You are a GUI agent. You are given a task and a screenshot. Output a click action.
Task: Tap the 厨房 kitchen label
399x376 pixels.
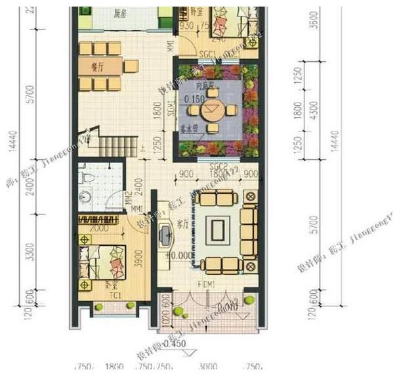point(119,13)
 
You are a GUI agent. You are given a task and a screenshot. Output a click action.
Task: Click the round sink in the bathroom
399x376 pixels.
point(85,195)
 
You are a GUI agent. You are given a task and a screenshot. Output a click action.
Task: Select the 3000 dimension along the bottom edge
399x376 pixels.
point(208,367)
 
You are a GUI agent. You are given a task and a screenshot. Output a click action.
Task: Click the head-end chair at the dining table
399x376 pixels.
point(131,66)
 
